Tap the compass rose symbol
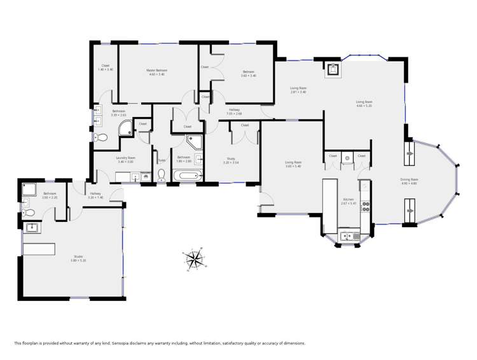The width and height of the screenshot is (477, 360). pos(195,258)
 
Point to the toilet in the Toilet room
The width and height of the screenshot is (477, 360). pos(162,175)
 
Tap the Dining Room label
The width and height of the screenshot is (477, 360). pos(409,180)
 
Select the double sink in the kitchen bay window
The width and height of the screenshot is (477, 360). pos(349,237)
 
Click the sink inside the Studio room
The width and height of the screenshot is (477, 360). pos(32,227)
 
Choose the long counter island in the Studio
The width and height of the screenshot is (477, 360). pos(39,248)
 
